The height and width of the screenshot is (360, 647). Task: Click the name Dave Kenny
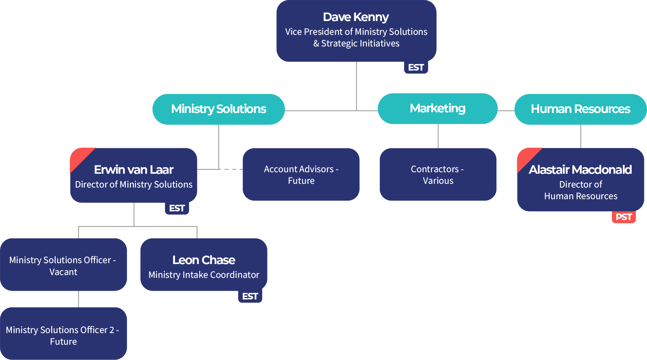[x=356, y=17]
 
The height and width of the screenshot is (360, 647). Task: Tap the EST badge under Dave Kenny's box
[x=416, y=67]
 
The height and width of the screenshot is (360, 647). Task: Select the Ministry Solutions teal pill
[x=219, y=109]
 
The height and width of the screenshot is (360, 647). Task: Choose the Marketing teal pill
[x=438, y=109]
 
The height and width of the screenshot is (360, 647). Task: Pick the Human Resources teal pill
[x=580, y=109]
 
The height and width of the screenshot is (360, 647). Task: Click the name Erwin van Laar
[x=134, y=170]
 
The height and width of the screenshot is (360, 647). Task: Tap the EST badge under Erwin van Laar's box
[x=177, y=208]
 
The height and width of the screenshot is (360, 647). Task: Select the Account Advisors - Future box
[x=301, y=175]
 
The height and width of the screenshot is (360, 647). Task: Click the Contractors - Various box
[x=438, y=175]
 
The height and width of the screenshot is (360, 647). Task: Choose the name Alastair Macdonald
[x=580, y=170]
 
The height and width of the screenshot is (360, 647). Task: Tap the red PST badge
[x=623, y=217]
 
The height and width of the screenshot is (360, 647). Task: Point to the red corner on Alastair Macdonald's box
[x=526, y=157]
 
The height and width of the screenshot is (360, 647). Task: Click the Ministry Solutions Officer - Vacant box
[x=63, y=265]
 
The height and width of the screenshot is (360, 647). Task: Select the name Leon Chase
[x=204, y=260]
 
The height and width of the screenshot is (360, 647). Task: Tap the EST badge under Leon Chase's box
[x=250, y=296]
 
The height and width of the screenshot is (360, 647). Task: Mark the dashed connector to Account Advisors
[x=231, y=169]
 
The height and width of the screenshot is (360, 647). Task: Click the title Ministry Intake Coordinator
[x=204, y=275]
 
